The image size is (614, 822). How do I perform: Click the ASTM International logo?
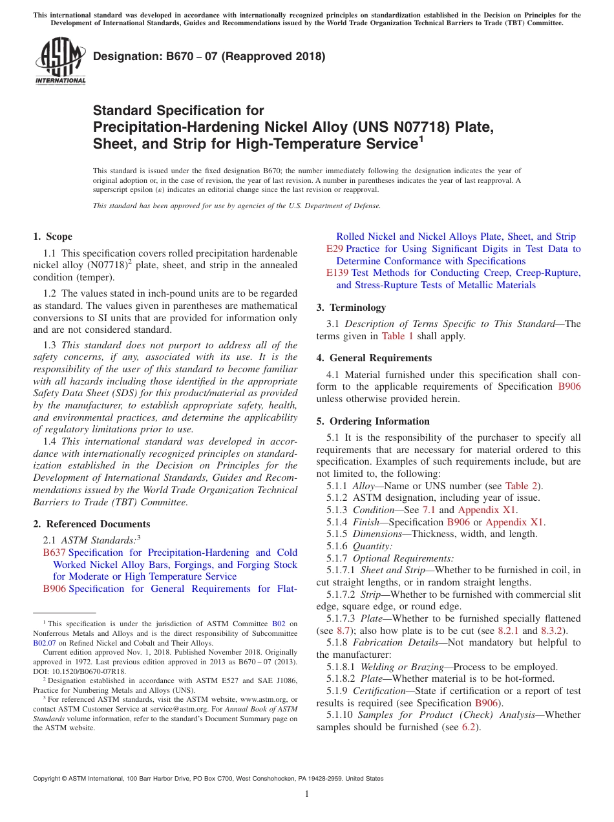pyautogui.click(x=60, y=61)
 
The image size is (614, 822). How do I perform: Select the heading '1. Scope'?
pyautogui.click(x=53, y=237)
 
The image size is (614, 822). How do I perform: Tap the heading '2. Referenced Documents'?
pyautogui.click(x=92, y=524)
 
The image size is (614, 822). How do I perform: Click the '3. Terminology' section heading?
pyautogui.click(x=351, y=308)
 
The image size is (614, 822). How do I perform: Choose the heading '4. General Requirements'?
pyautogui.click(x=374, y=358)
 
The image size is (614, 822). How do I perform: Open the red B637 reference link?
pyautogui.click(x=54, y=553)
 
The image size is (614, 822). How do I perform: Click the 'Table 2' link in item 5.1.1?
pyautogui.click(x=521, y=486)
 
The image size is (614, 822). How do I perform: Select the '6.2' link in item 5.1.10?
pyautogui.click(x=469, y=727)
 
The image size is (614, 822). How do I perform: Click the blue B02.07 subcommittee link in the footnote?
pyautogui.click(x=45, y=643)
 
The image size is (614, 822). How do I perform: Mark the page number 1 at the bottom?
pyautogui.click(x=307, y=794)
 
